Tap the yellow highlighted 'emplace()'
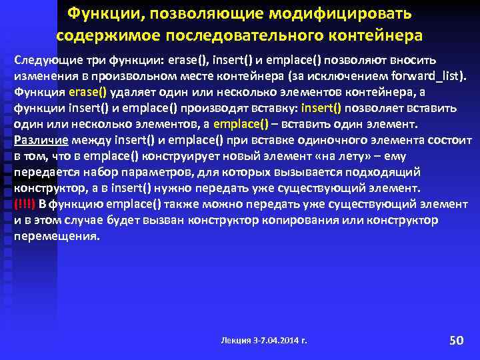pos(241,124)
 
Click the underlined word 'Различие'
pos(38,141)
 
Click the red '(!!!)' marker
pos(25,204)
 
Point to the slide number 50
pos(456,341)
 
